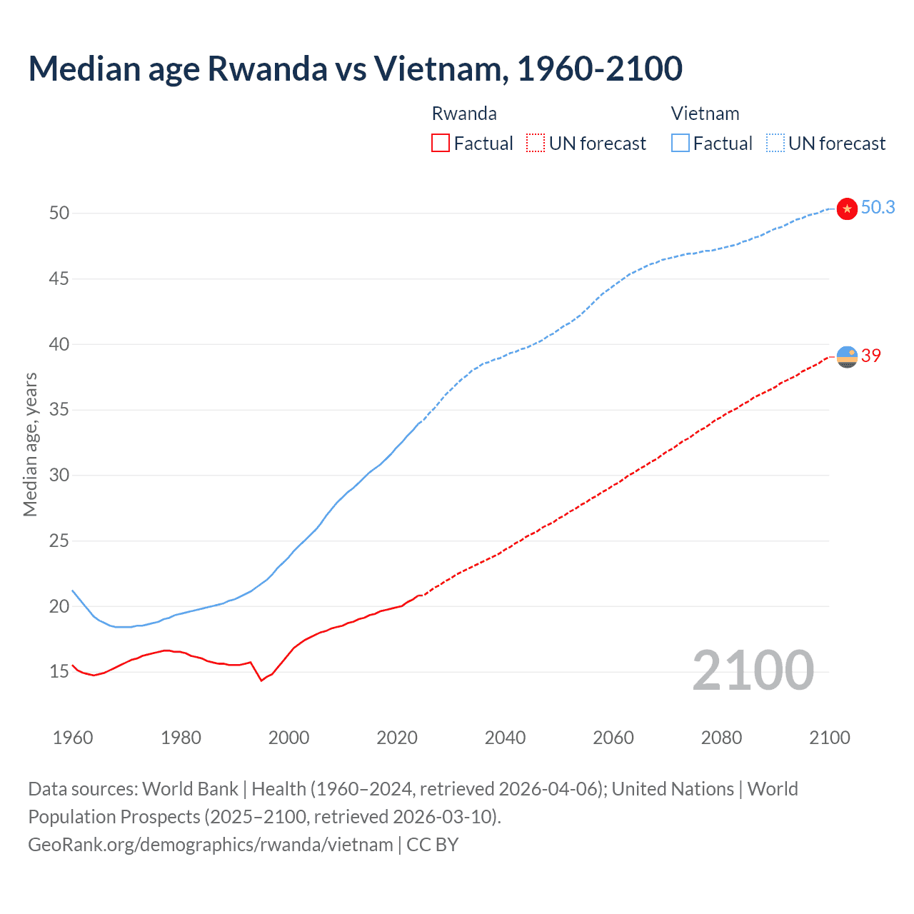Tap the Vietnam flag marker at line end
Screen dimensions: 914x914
point(847,209)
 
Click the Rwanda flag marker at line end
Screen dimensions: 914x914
point(847,356)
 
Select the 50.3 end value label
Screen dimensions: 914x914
point(878,208)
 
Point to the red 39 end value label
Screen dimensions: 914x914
point(871,356)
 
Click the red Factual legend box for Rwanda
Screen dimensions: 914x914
point(441,144)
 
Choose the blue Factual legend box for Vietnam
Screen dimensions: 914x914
point(680,144)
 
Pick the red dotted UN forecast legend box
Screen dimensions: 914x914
point(536,144)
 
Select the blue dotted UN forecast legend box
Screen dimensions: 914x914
point(775,144)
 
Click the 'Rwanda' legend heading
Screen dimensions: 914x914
point(464,114)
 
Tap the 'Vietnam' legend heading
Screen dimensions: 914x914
point(705,114)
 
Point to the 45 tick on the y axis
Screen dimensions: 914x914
point(59,278)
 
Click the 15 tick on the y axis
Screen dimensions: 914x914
point(59,671)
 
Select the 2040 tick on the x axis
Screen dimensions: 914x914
point(505,738)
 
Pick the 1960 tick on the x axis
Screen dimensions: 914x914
point(73,738)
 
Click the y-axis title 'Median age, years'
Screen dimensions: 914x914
point(30,444)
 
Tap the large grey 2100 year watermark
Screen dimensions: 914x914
point(753,671)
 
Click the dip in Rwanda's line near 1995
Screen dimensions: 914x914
point(261,680)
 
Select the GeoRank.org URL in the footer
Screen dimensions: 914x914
point(210,845)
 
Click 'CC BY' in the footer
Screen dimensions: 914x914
point(432,845)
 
